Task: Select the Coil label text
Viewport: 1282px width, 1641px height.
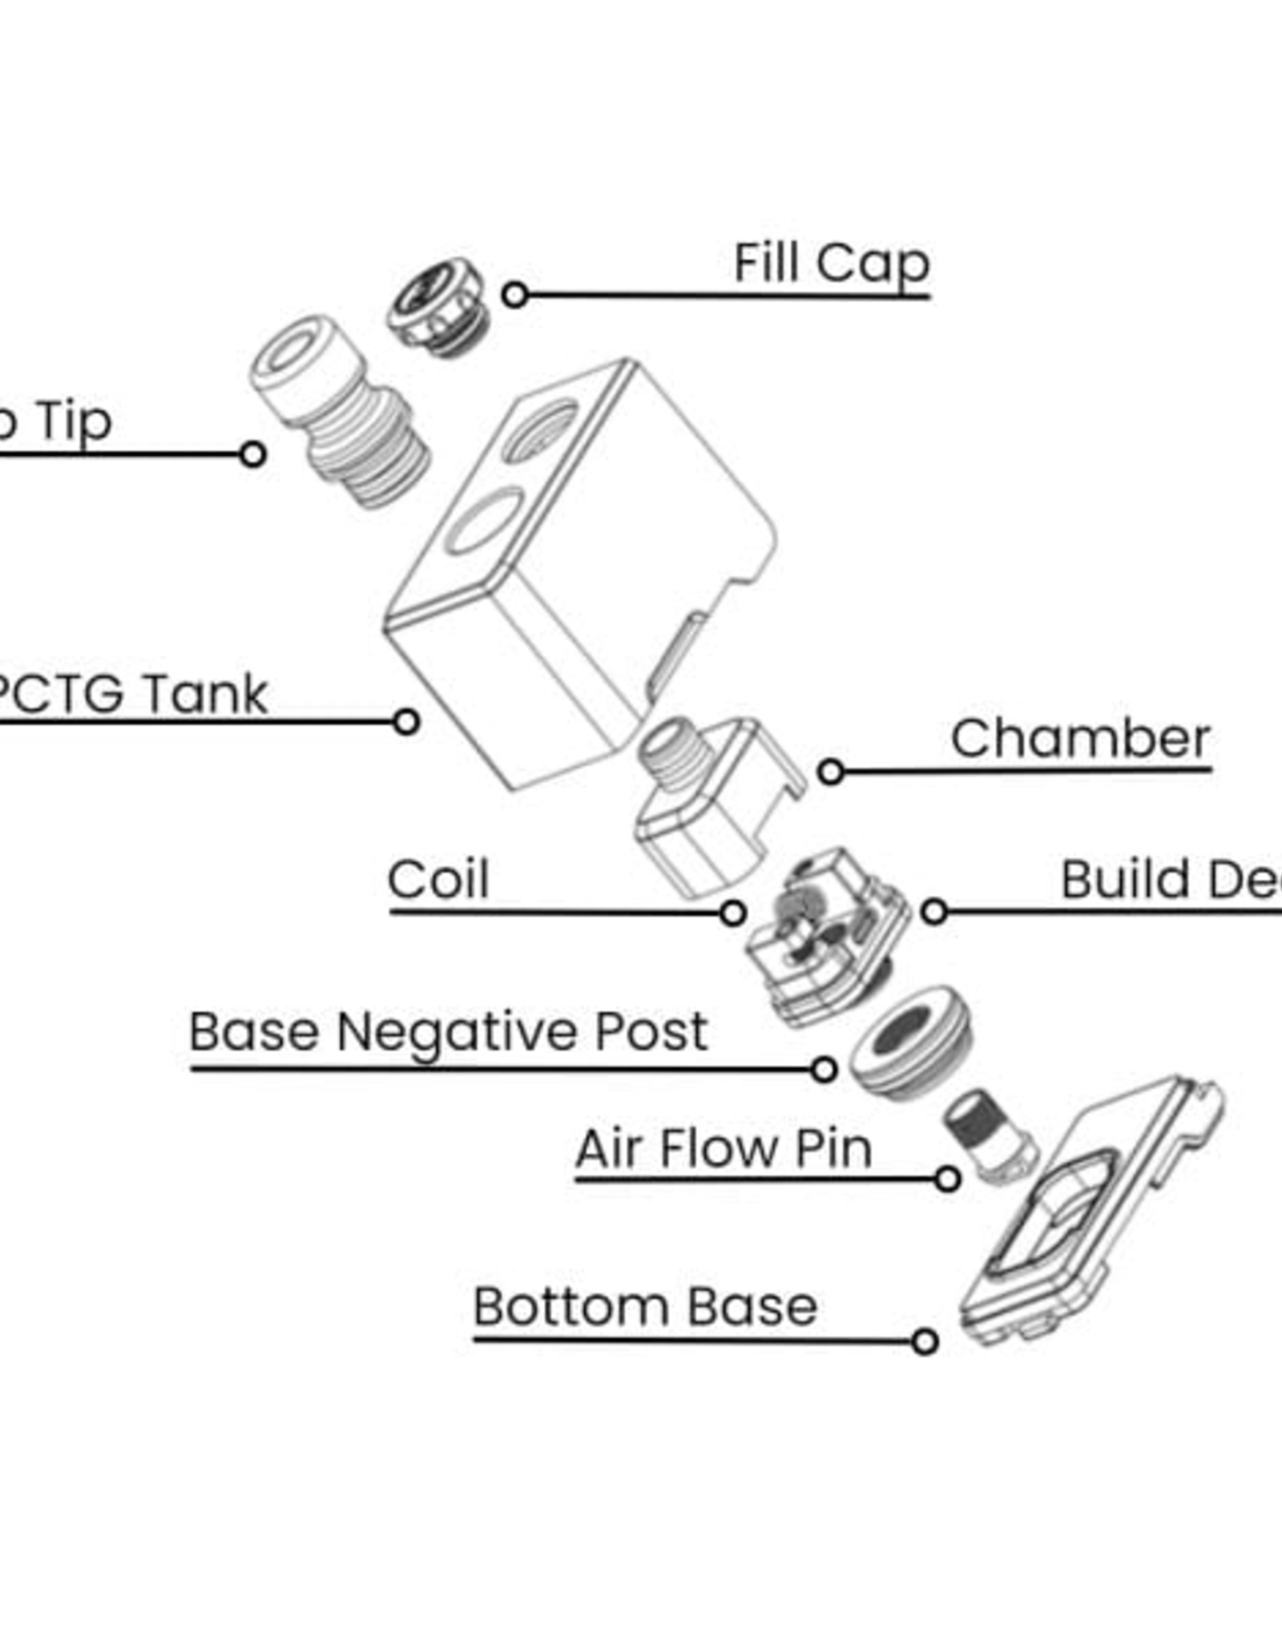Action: tap(437, 879)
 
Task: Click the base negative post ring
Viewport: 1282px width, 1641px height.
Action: tap(909, 1039)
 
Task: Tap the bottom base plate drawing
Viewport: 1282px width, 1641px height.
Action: tap(1090, 1210)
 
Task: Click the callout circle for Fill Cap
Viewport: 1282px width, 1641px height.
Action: tap(514, 295)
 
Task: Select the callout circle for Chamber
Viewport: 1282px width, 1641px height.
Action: tap(831, 772)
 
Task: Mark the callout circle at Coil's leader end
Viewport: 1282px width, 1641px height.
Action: tap(732, 913)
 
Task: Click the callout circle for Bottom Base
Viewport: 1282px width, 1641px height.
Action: tap(925, 1341)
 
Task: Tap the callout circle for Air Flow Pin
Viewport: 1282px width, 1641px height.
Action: tap(948, 1179)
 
